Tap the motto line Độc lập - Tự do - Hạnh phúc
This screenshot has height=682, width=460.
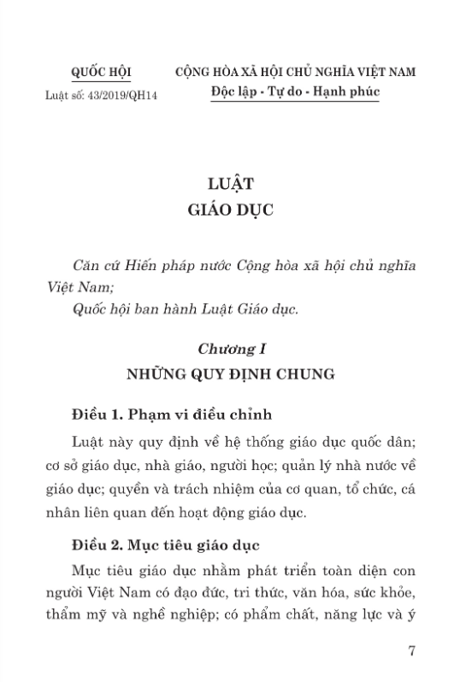point(297,91)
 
